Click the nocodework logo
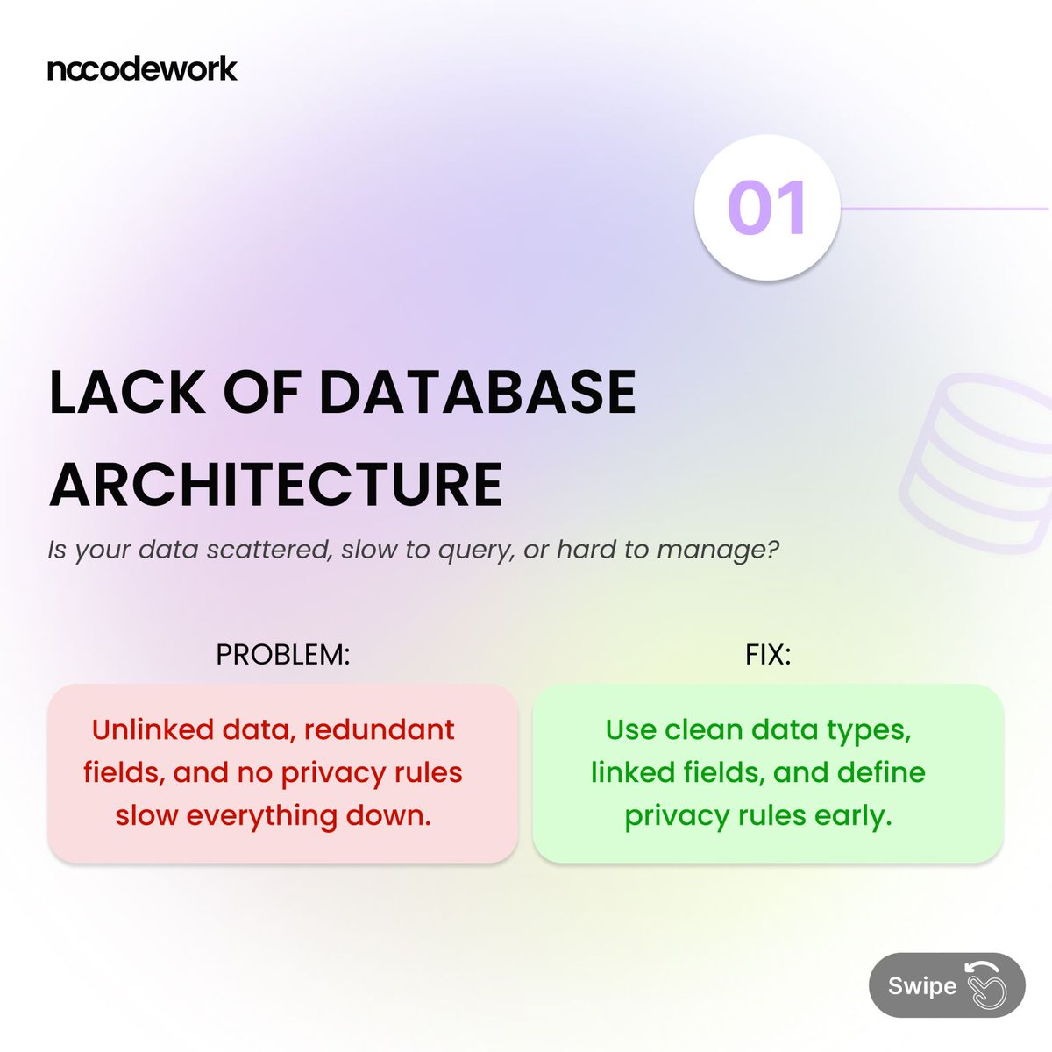point(142,69)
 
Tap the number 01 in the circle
point(767,209)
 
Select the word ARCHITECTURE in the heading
point(276,484)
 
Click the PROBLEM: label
point(283,655)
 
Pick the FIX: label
point(768,655)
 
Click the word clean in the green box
point(703,729)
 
